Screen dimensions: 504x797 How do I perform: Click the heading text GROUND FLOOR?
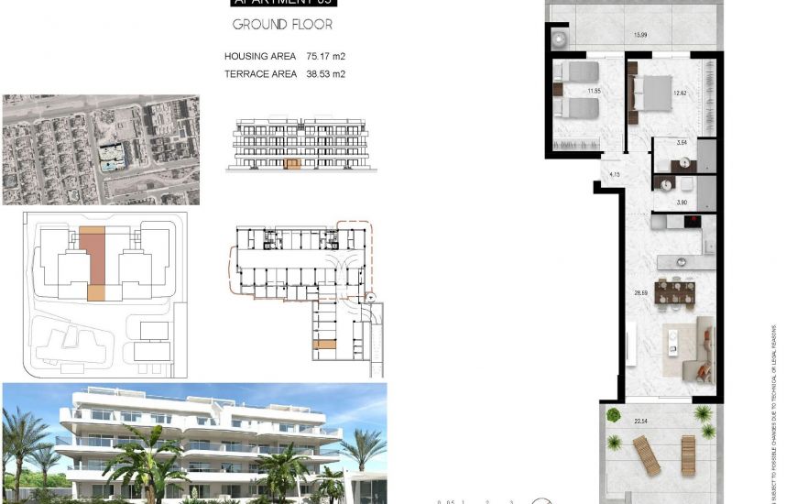pos(282,25)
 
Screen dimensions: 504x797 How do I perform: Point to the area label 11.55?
pos(595,91)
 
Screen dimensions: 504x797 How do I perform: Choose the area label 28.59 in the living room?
pos(642,293)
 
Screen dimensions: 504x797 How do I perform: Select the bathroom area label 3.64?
pos(681,144)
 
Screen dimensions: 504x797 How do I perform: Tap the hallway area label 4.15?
pos(616,173)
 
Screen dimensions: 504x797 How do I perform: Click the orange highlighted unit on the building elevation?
pos(293,165)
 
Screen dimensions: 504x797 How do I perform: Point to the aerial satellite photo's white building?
pos(113,158)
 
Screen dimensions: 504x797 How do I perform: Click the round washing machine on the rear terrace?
pos(561,38)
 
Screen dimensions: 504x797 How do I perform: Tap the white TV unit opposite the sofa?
pos(631,344)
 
